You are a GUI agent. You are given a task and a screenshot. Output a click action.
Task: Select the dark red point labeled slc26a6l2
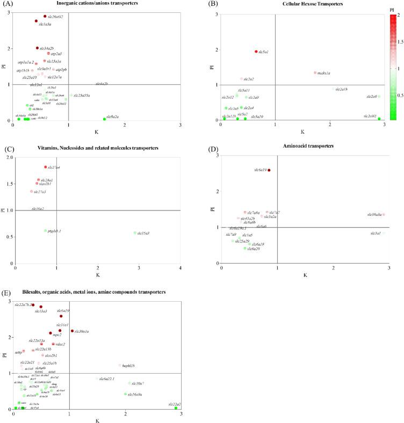tap(45, 16)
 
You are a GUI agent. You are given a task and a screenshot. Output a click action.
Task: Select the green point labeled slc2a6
tap(379, 97)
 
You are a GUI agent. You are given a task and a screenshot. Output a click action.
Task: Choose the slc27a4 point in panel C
tap(46, 167)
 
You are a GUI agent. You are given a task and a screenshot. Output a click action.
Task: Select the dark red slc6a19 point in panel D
tap(269, 170)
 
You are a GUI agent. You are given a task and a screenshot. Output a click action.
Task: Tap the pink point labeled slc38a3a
tap(384, 215)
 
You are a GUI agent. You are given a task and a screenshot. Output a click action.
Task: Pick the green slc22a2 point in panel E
tap(176, 408)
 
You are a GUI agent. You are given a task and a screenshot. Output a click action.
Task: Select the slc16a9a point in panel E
tap(125, 394)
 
